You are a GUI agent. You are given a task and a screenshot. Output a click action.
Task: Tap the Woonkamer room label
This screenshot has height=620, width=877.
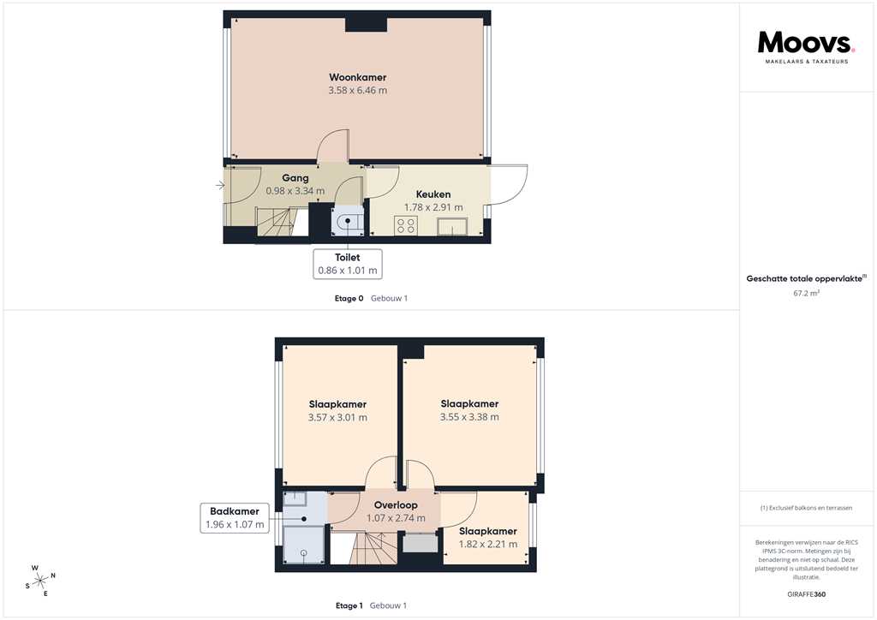[357, 77]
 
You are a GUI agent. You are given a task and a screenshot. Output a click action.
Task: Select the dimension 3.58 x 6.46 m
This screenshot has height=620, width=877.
[357, 90]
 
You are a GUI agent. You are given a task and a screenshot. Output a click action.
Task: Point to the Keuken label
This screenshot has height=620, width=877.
[433, 194]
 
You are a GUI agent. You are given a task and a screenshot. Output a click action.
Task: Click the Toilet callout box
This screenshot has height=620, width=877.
[347, 264]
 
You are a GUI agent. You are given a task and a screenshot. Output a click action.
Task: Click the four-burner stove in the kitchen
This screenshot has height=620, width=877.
[405, 226]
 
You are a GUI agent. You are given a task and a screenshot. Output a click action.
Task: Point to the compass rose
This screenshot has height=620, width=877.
[39, 580]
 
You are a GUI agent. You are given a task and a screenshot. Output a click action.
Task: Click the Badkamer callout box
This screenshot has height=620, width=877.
[234, 517]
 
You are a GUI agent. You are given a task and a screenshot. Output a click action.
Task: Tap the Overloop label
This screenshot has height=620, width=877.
[396, 505]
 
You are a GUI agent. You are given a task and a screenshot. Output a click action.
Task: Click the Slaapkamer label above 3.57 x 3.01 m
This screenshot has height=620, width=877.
[337, 404]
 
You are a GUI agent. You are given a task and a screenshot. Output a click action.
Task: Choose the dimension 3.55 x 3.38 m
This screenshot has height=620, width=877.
[469, 417]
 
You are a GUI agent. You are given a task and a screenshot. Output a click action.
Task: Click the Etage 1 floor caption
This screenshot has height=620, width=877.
[349, 605]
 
